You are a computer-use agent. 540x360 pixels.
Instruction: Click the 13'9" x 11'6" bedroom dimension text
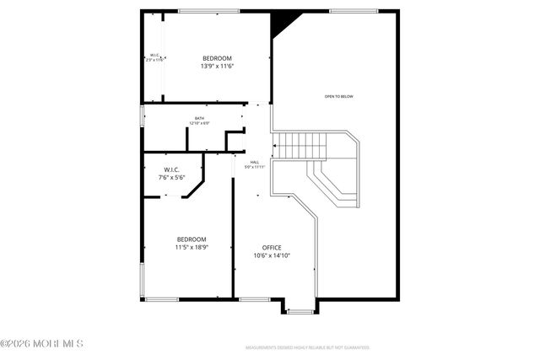216,66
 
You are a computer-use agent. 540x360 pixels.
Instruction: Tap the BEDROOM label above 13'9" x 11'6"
216,57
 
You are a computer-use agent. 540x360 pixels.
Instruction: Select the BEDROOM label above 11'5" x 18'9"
191,239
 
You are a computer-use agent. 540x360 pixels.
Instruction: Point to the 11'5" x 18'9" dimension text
191,247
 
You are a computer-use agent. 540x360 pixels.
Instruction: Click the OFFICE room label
272,247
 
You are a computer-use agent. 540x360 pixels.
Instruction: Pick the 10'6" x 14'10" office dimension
272,255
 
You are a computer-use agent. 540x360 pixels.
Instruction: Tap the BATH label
199,118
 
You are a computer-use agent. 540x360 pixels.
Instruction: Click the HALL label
255,162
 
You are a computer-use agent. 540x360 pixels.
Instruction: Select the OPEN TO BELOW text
338,97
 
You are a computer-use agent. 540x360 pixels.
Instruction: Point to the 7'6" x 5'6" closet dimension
170,178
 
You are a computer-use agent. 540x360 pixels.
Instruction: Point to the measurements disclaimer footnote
307,347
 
